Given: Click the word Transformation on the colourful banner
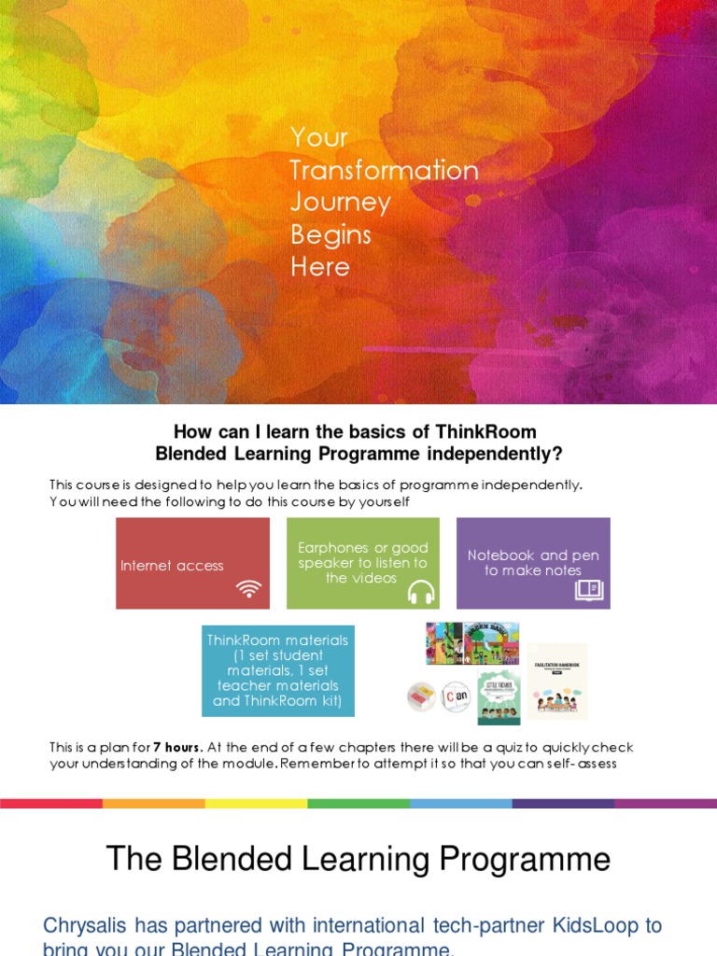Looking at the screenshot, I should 384,170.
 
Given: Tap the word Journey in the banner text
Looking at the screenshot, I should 340,203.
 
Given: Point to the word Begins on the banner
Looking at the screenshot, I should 330,234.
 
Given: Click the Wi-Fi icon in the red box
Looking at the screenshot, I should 248,589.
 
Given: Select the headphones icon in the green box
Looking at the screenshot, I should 421,591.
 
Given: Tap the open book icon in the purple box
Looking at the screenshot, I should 589,589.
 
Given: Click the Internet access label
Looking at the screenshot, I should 172,566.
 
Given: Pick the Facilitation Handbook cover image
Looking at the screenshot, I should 557,681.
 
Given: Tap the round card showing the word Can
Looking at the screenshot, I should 455,696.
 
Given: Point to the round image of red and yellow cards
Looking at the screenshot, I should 421,696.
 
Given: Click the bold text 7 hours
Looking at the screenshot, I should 177,748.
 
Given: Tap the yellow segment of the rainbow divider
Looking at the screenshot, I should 256,803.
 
